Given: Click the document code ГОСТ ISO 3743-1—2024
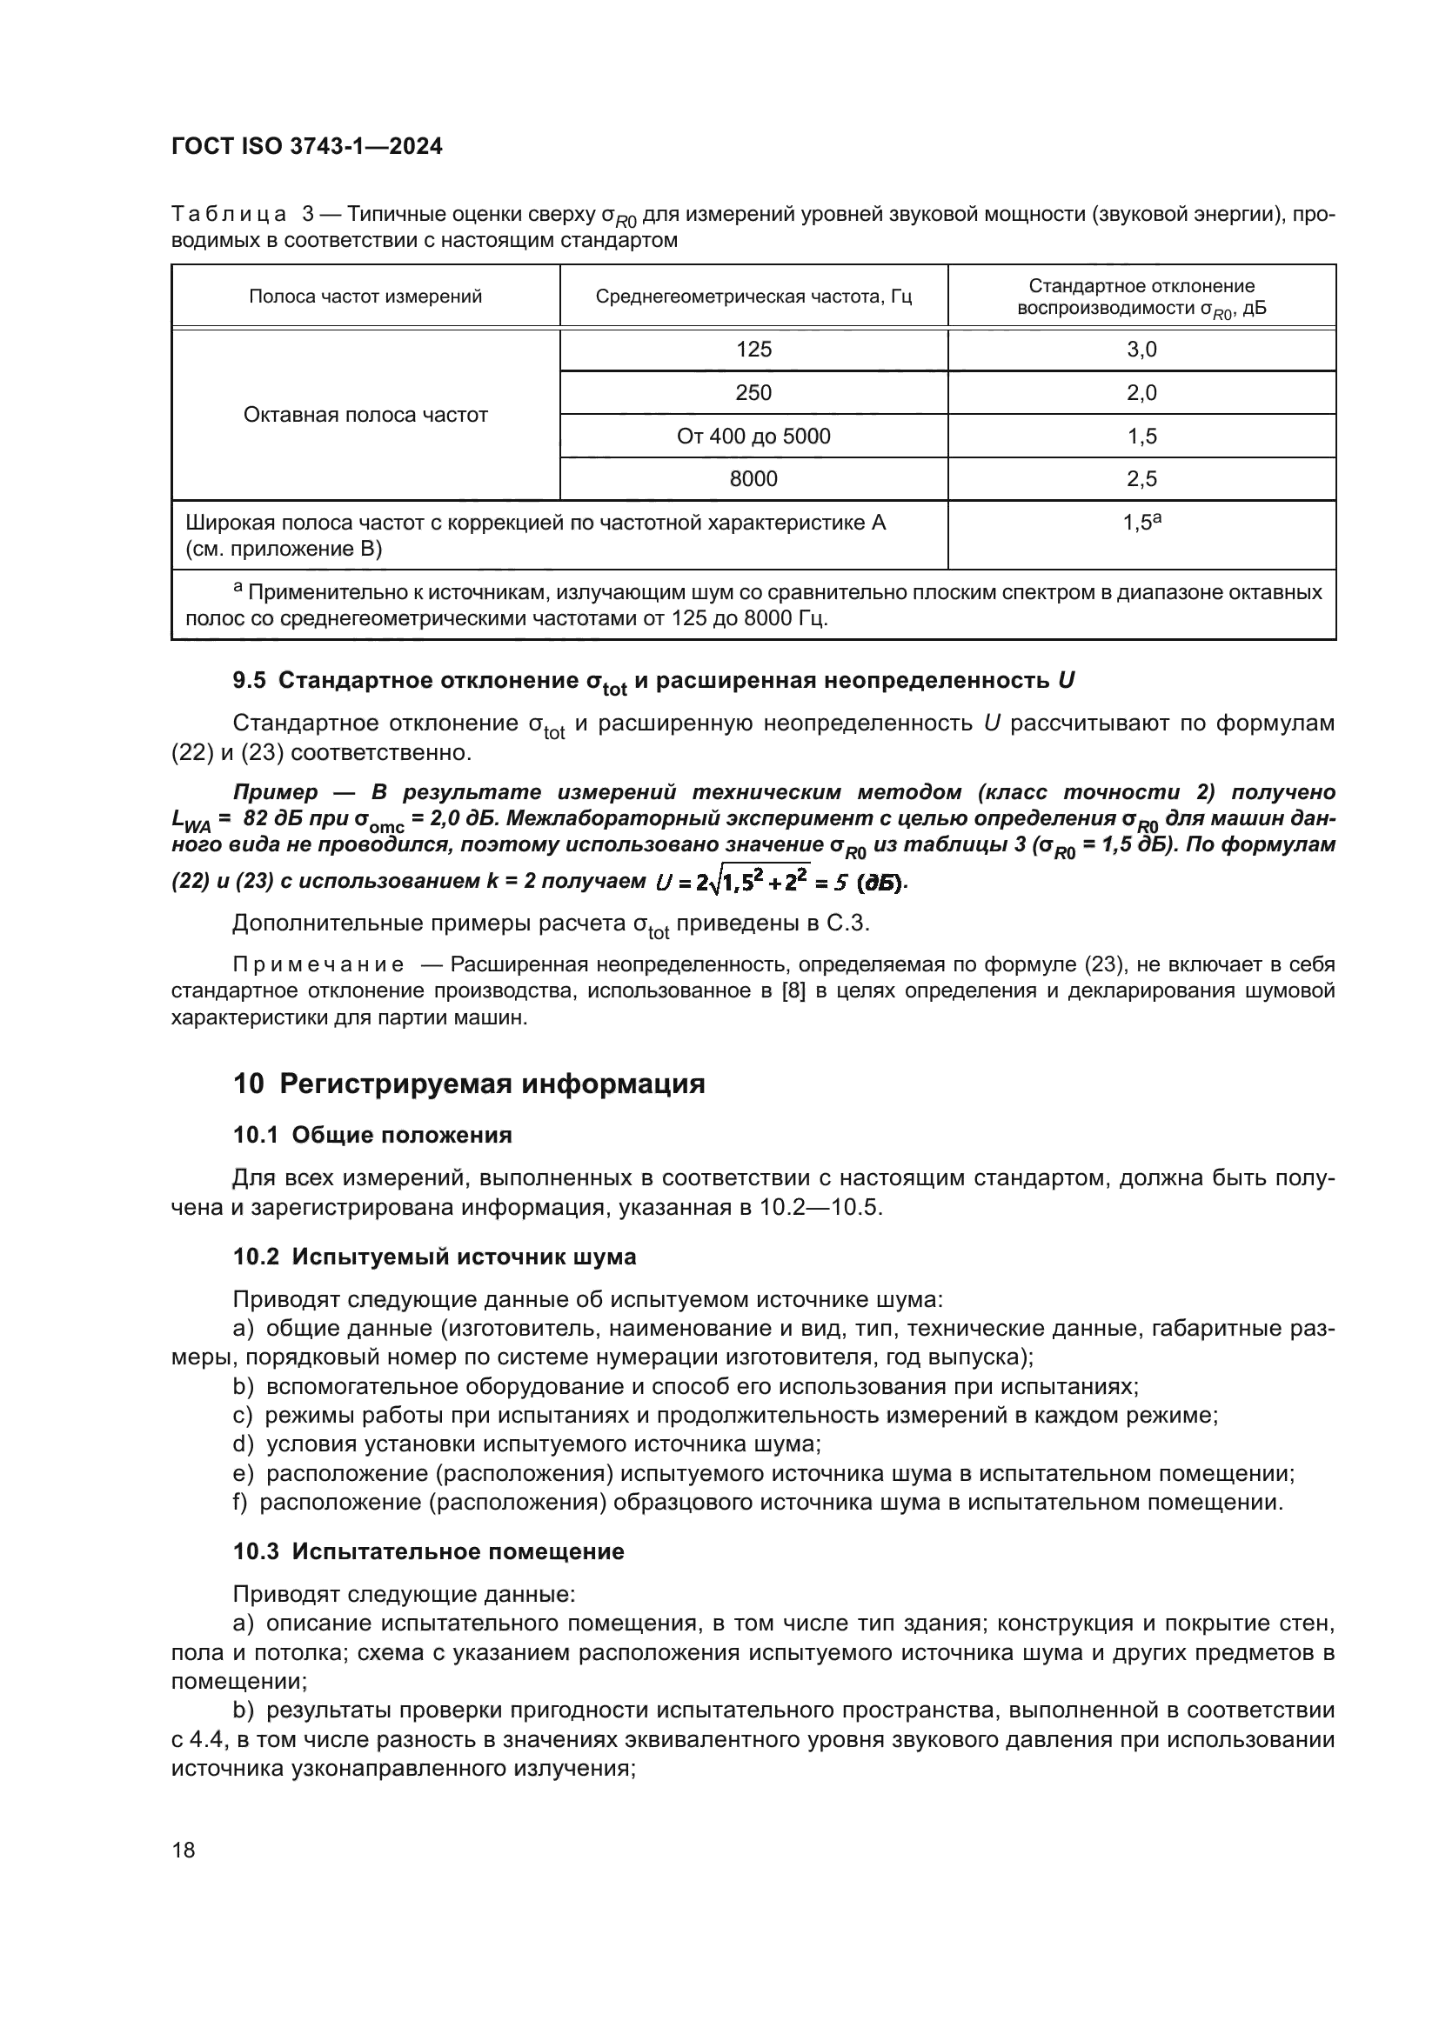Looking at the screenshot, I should (306, 147).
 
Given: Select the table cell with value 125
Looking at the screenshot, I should (753, 349).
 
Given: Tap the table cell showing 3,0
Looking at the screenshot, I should (1141, 349).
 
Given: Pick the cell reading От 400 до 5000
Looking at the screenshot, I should (753, 436).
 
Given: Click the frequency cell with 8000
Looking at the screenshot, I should (753, 479).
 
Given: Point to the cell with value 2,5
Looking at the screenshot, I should (1141, 479).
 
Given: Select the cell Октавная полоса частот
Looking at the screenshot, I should (365, 415).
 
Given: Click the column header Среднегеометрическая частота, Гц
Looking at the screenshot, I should (753, 297).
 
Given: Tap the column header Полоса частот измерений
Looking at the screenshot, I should (365, 297).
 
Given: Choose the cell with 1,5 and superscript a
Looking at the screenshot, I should (1141, 523).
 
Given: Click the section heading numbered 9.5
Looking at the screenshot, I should (653, 681).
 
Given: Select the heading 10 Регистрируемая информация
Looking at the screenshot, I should (469, 1084).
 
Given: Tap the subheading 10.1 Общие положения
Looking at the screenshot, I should (372, 1136).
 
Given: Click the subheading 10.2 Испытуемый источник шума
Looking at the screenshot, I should (434, 1257).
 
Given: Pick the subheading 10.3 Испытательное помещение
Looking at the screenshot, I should (428, 1551).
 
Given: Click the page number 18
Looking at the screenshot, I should (184, 1850).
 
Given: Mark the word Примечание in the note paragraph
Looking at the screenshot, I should (318, 964).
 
